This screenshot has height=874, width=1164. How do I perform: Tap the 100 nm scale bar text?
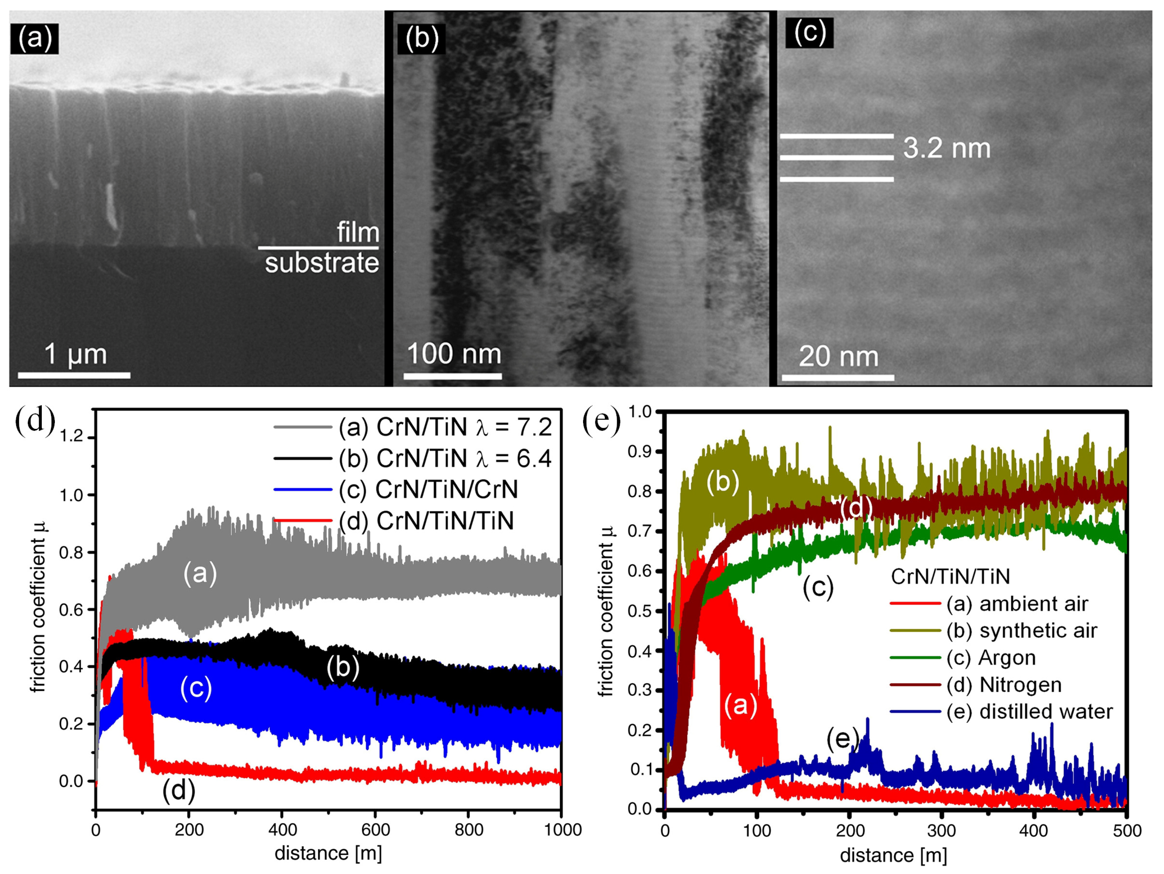coord(454,353)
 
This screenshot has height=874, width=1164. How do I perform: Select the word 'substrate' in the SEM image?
coord(322,263)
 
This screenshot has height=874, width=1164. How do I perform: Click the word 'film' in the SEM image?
coord(358,233)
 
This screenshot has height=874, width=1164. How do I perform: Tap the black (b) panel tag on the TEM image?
coord(421,39)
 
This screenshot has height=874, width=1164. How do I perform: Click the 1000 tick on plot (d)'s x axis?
coord(562,829)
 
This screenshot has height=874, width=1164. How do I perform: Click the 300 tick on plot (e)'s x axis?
coord(942,830)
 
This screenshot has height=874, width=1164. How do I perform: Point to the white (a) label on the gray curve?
coord(200,574)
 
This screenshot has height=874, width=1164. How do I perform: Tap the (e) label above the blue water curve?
coord(842,739)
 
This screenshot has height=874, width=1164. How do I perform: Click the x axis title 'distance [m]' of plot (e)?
coord(893,855)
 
